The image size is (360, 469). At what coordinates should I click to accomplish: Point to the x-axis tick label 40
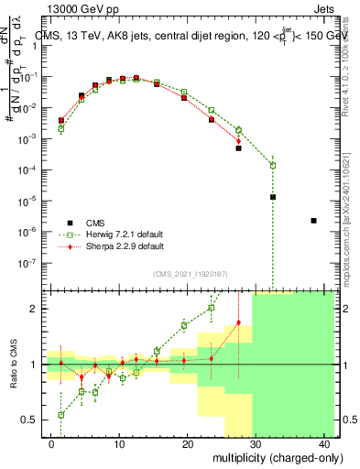pos(324,444)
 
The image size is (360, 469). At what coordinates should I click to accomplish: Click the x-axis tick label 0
pos(51,444)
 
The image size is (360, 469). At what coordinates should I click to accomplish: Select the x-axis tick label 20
pos(188,444)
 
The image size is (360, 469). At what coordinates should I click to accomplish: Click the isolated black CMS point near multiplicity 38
pos(314,221)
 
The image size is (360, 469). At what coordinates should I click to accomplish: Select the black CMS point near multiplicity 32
pos(273,197)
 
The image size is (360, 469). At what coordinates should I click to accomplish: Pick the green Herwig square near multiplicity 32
pos(273,166)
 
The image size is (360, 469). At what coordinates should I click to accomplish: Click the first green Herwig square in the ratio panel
pos(61,415)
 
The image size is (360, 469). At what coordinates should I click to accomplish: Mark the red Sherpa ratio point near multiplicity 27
pos(239,322)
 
